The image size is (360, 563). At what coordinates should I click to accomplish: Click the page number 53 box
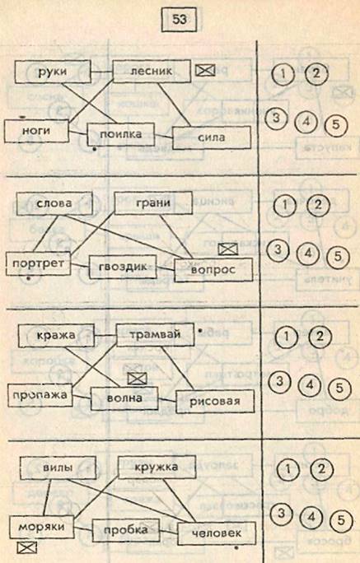(x=179, y=20)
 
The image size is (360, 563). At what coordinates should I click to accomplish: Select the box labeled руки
(x=53, y=72)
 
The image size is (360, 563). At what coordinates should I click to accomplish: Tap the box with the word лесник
(x=152, y=71)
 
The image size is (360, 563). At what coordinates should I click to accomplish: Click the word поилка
(x=121, y=134)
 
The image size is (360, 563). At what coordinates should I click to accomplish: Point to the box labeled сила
(x=212, y=137)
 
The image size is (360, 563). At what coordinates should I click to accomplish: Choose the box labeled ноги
(x=36, y=131)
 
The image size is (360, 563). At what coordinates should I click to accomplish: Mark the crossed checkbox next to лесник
(x=205, y=70)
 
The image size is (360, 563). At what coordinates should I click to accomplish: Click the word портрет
(x=38, y=263)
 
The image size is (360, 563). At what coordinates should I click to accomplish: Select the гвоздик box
(x=123, y=267)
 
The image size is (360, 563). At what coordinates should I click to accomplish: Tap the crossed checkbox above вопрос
(x=228, y=249)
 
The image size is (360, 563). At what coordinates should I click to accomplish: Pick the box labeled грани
(x=153, y=203)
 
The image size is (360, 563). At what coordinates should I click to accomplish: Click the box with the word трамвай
(x=155, y=335)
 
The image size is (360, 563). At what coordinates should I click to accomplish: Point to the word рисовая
(x=215, y=401)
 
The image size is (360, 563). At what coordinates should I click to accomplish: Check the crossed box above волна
(x=138, y=378)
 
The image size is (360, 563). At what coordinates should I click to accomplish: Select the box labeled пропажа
(x=40, y=395)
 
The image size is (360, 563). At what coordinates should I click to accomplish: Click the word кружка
(x=157, y=468)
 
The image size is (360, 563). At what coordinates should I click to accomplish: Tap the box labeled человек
(x=217, y=533)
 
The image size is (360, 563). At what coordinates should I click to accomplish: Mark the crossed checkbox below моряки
(x=27, y=547)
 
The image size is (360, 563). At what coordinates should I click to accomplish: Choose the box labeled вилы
(x=58, y=468)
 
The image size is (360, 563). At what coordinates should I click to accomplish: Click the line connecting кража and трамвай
(x=105, y=336)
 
